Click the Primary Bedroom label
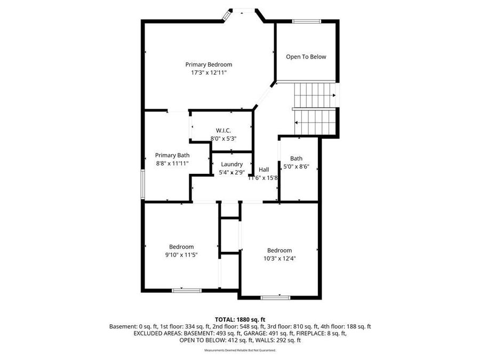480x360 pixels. click(x=209, y=65)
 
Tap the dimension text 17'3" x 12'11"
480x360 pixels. click(x=209, y=73)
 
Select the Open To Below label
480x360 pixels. click(x=306, y=57)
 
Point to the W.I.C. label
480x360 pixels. click(x=223, y=131)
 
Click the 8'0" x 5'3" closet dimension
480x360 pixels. click(x=223, y=138)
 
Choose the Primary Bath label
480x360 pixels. click(x=172, y=155)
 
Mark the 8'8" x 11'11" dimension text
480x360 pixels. click(x=172, y=163)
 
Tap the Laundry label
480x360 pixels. click(x=231, y=164)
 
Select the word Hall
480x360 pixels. click(x=263, y=170)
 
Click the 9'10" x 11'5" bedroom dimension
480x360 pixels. click(x=181, y=254)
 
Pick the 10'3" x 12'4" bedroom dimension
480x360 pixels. click(x=279, y=258)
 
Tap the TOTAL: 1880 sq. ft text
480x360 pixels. click(x=239, y=319)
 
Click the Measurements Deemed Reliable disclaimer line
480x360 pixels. click(x=239, y=350)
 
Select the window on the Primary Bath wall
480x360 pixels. click(x=142, y=186)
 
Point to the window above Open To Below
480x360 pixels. click(x=306, y=21)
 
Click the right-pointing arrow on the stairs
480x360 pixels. click(x=333, y=95)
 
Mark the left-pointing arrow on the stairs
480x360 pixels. click(x=297, y=122)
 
